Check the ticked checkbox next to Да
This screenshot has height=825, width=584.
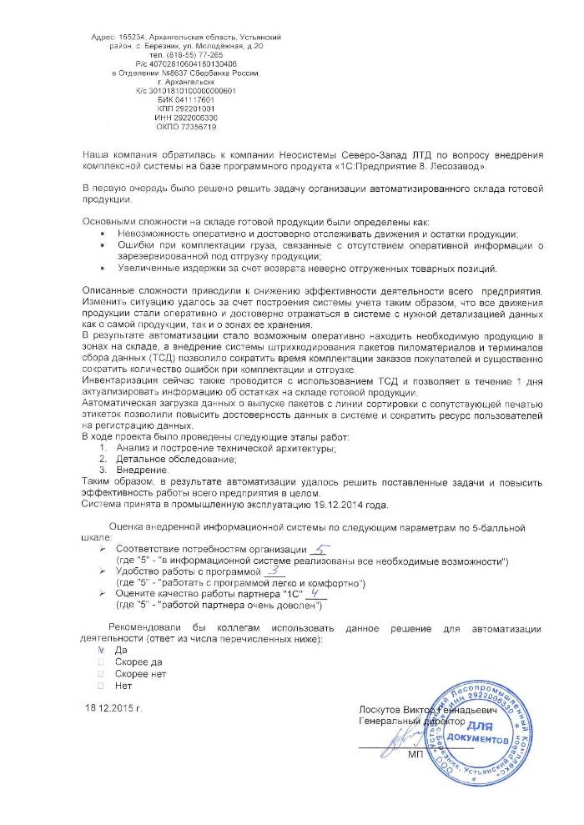coord(102,648)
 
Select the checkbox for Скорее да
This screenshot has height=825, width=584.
coord(102,661)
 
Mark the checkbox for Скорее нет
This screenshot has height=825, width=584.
coord(102,673)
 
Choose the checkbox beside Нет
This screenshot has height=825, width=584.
coord(102,686)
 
